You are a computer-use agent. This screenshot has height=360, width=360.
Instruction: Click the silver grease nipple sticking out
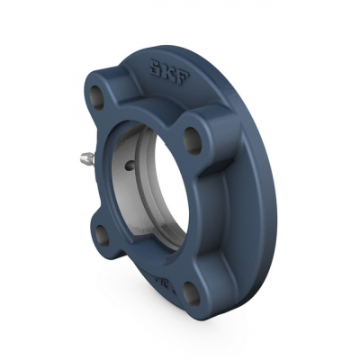pyautogui.click(x=85, y=163)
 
